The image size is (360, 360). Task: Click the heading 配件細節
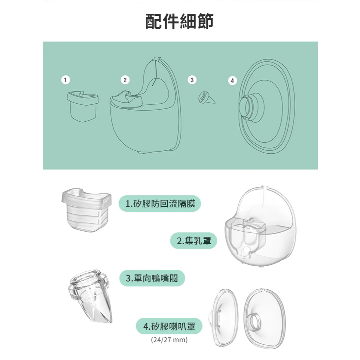coord(179,22)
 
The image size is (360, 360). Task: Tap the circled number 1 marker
coord(65,79)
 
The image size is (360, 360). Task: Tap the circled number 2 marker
coord(125,79)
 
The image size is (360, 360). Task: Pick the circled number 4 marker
coord(232,80)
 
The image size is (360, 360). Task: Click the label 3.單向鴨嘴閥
coord(152,278)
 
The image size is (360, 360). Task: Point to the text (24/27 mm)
coord(169,339)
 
